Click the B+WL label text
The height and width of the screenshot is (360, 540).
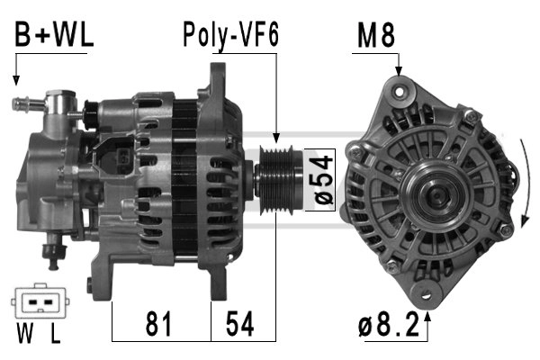(x=53, y=36)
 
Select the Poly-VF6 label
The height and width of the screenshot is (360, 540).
(x=231, y=36)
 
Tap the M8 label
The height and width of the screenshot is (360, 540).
(x=375, y=36)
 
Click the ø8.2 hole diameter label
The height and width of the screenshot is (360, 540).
(x=389, y=326)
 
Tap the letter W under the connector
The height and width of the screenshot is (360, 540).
(x=23, y=337)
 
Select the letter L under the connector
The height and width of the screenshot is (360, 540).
(x=55, y=337)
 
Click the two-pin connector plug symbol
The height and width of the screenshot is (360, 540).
(x=39, y=304)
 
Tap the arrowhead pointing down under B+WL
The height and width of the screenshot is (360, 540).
(x=16, y=82)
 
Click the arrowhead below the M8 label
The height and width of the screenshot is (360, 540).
(x=398, y=71)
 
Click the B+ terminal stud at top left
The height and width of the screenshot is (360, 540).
(x=22, y=104)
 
